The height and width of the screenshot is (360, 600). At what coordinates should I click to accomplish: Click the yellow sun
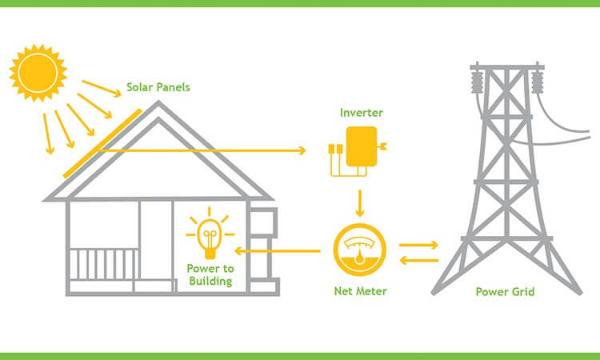click(38, 73)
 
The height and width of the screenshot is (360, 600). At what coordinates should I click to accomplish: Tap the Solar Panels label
click(158, 87)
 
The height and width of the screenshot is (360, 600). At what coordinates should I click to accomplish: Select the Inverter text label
click(362, 113)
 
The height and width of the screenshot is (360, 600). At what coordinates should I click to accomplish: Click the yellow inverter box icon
click(362, 146)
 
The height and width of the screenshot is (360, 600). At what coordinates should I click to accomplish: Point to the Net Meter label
click(360, 291)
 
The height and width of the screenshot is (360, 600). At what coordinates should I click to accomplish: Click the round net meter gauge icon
click(359, 250)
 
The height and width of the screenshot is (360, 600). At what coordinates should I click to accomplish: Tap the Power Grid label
click(505, 292)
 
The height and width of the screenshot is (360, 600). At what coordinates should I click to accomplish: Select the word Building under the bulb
click(210, 282)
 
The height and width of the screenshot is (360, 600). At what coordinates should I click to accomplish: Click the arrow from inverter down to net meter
click(360, 203)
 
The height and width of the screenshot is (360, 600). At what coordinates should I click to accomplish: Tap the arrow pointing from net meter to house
click(278, 251)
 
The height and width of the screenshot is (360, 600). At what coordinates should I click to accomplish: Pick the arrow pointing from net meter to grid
click(418, 245)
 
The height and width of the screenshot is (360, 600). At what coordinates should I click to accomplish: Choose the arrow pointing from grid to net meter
click(418, 261)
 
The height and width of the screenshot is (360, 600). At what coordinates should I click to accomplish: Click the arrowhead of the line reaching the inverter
click(302, 150)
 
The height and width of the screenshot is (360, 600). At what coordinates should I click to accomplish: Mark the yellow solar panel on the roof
click(102, 143)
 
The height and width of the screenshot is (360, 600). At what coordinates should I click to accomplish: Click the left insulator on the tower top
click(477, 81)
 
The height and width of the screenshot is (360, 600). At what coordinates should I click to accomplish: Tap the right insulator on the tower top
click(538, 81)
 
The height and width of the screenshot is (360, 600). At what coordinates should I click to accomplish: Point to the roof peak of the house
click(158, 102)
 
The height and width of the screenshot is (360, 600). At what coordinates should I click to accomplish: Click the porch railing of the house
click(104, 264)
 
